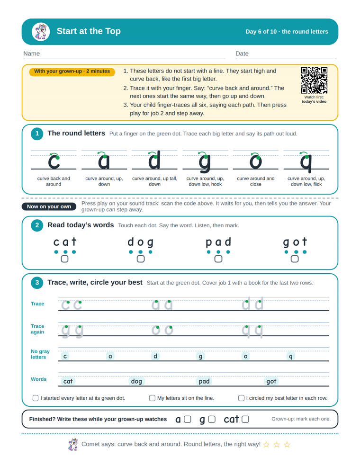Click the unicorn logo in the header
point(41,32)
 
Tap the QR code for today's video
point(314,80)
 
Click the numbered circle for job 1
point(37,134)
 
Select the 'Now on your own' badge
point(49,206)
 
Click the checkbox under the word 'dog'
point(141,259)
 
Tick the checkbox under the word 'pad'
point(218,259)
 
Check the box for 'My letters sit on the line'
point(152,398)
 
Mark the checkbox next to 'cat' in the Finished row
point(245,419)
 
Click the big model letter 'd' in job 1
point(154,160)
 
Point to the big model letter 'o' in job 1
point(256,161)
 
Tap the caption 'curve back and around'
point(54,181)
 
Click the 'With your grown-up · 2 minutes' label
point(72,72)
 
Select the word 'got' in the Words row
point(271,381)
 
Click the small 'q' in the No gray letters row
point(291,356)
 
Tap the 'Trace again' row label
point(37,329)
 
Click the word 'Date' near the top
point(242,54)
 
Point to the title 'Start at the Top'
point(89,31)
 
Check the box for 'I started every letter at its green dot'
point(36,398)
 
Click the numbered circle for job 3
point(37,283)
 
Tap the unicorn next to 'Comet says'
point(73,445)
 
